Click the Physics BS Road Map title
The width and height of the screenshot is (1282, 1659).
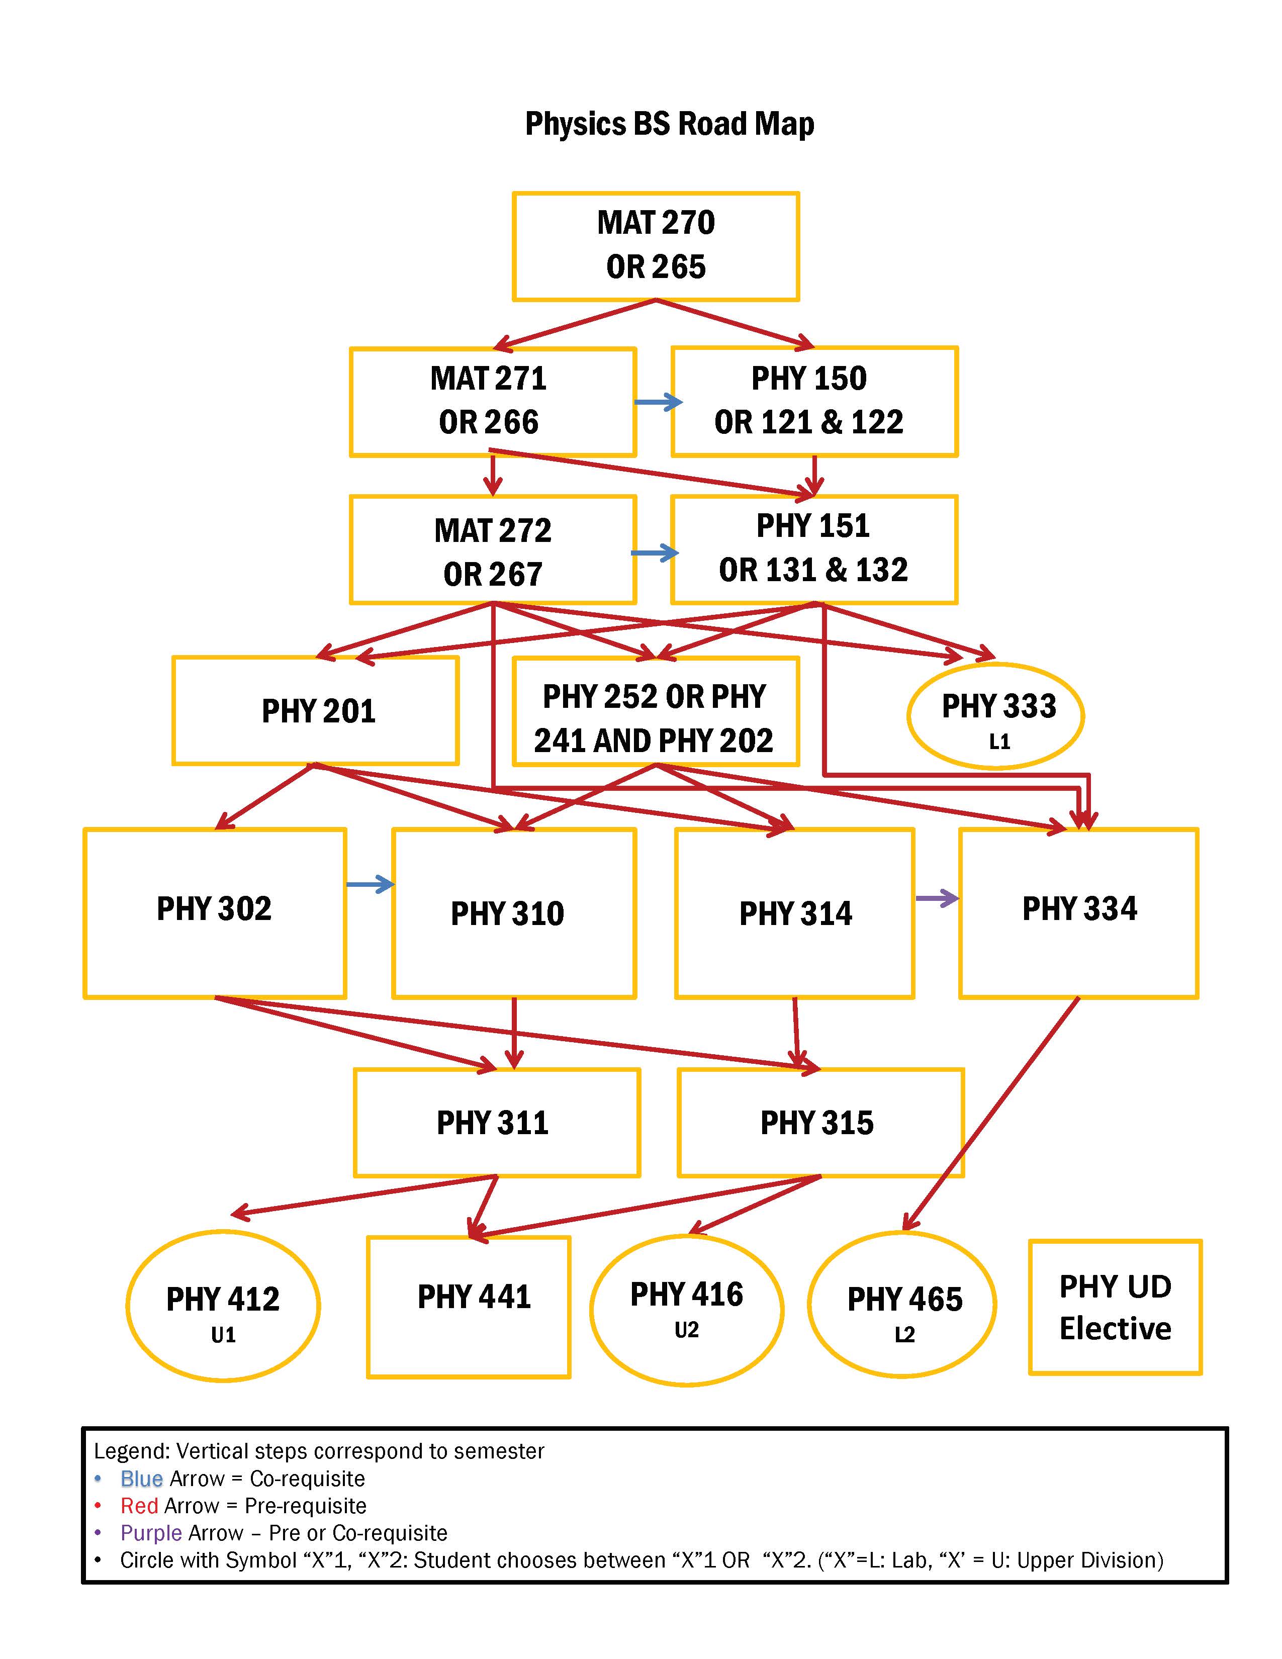pyautogui.click(x=669, y=124)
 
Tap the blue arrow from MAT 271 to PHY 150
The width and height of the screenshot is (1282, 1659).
pyautogui.click(x=658, y=403)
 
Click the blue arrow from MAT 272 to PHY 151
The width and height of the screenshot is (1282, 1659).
pyautogui.click(x=654, y=553)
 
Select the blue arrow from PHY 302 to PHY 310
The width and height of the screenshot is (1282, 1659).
pyautogui.click(x=370, y=884)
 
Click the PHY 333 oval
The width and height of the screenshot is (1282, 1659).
pyautogui.click(x=995, y=715)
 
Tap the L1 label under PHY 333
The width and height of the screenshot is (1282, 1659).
pyautogui.click(x=999, y=742)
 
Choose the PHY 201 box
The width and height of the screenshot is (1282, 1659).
pyautogui.click(x=316, y=711)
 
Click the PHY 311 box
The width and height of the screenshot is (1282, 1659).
pyautogui.click(x=497, y=1123)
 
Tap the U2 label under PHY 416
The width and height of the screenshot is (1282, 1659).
pyautogui.click(x=687, y=1330)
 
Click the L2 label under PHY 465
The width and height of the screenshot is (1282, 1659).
pyautogui.click(x=904, y=1335)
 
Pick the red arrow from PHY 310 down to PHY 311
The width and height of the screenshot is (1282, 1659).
pyautogui.click(x=514, y=1033)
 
